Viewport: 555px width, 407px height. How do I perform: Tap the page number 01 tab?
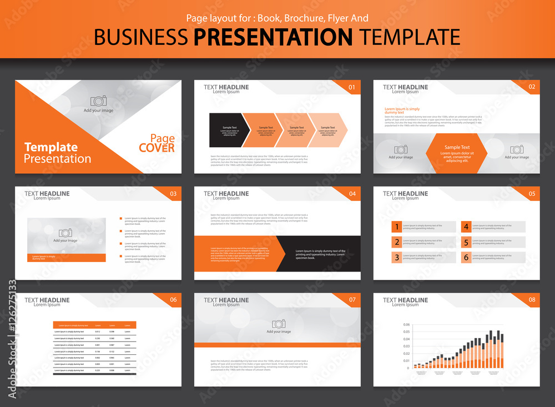pos(351,87)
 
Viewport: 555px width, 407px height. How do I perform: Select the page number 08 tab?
pos(532,300)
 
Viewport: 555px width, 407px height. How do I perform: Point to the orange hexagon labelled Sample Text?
pos(456,153)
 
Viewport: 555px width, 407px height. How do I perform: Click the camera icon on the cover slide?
pos(99,101)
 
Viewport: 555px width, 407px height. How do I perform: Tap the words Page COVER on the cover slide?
pos(157,143)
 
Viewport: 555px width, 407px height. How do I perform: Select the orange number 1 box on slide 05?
pos(396,227)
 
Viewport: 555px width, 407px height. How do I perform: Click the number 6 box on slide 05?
pos(466,257)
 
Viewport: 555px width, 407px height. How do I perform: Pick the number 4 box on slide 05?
pos(466,227)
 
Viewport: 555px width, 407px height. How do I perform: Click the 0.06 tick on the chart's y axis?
pos(406,325)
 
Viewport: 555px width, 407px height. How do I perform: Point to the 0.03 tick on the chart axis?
pos(406,346)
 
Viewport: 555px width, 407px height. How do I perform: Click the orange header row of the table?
pos(95,325)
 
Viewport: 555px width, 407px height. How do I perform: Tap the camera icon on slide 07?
pos(279,324)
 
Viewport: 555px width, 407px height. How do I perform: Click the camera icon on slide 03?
pos(65,233)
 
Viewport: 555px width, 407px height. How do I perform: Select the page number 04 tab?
pos(352,194)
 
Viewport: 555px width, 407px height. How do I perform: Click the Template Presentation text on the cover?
pos(58,153)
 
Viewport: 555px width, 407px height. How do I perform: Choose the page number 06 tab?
pos(173,300)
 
